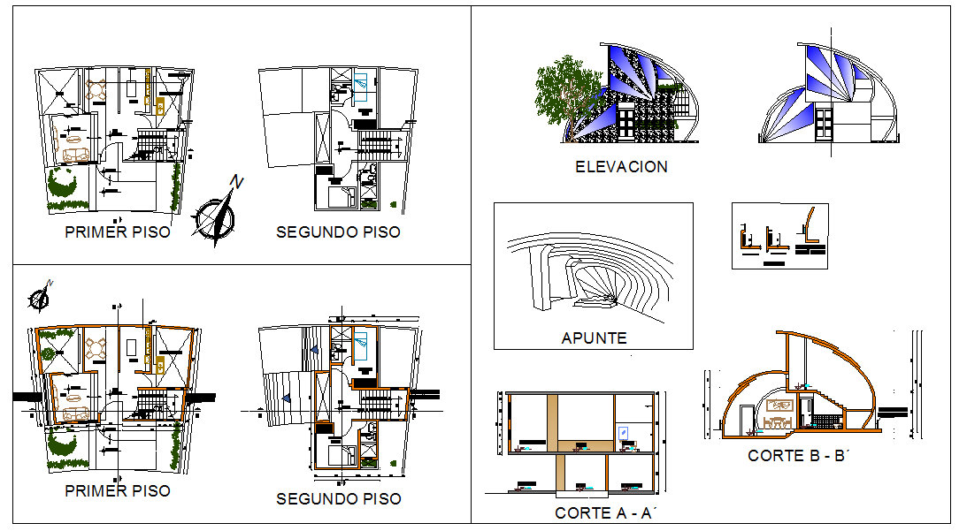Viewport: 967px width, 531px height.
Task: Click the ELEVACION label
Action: point(621,166)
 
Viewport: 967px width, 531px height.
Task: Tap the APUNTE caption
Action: point(594,338)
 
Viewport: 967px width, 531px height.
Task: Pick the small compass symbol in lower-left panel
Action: point(40,299)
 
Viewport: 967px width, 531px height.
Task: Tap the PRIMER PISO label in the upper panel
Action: point(118,232)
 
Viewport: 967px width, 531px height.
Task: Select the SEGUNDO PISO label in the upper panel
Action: point(338,232)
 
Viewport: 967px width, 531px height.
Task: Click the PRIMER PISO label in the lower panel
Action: point(118,490)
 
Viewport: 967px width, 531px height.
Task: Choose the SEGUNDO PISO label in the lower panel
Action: point(338,499)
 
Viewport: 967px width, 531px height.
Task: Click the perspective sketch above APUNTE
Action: point(588,274)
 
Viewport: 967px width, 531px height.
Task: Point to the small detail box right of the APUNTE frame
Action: point(779,236)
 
